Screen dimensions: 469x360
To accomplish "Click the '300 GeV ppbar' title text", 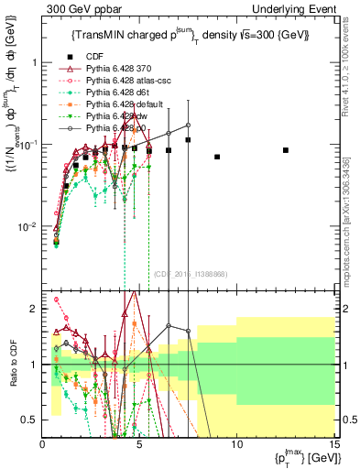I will pyautogui.click(x=78, y=8).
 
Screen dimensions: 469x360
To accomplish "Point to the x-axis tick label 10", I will pyautogui.click(x=236, y=443).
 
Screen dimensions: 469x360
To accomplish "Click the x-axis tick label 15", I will pyautogui.click(x=333, y=443).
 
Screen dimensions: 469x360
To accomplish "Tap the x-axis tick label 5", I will pyautogui.click(x=139, y=443).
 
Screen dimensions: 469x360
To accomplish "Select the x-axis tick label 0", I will pyautogui.click(x=43, y=443).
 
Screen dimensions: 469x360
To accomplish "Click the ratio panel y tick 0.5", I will pyautogui.click(x=30, y=420).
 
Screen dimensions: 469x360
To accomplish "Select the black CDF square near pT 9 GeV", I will pyautogui.click(x=217, y=157).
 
